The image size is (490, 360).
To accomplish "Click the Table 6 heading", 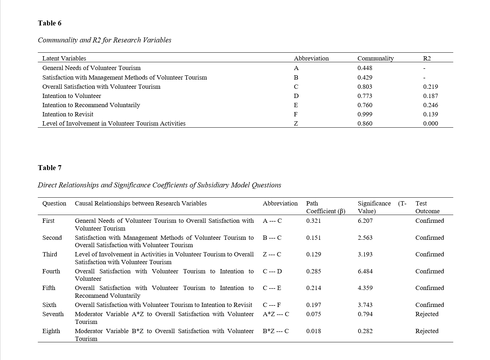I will point(50,23).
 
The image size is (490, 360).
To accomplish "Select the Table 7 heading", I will point(50,168).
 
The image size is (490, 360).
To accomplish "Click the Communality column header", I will point(375,58).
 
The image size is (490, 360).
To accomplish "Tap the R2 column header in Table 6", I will point(427,58).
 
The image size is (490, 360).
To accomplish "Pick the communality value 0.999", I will point(365,114).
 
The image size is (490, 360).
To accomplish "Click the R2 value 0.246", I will point(430,105).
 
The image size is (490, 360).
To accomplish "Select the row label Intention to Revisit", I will point(68,114).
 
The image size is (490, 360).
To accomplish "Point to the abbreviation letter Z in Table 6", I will point(296,123).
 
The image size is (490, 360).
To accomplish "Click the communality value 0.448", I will point(365,68).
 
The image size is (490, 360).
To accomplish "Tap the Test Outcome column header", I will point(427,207).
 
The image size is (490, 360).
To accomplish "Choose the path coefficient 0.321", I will point(313,221).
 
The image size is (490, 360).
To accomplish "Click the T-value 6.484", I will point(365,271).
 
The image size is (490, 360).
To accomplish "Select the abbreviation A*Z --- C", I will point(276,314).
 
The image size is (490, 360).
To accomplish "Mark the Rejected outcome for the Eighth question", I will point(427,331).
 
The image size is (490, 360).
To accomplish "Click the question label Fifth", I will point(49,288).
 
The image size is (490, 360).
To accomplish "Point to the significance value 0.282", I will point(365,331).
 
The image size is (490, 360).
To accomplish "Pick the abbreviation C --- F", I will point(272,305).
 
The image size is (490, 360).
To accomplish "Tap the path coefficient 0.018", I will point(313,331).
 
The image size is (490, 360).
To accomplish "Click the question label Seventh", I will point(53,314).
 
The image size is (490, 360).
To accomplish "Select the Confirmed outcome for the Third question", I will point(430,254).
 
